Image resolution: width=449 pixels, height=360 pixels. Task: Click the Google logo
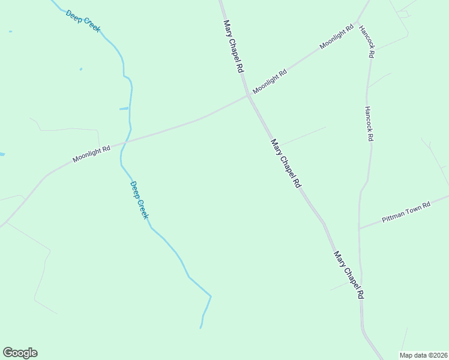(x=20, y=353)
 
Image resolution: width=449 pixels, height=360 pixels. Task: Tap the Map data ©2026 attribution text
(x=423, y=355)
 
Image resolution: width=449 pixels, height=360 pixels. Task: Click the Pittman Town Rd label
(x=406, y=213)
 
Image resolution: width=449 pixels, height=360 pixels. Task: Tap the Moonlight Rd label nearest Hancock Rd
(x=337, y=37)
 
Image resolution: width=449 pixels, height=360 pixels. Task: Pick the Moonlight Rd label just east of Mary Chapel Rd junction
(x=270, y=82)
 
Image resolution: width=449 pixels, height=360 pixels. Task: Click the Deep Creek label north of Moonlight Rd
(x=83, y=21)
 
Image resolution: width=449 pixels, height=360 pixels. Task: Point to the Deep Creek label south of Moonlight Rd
(x=139, y=200)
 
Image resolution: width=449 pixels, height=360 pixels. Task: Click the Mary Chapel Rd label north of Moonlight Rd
(x=233, y=46)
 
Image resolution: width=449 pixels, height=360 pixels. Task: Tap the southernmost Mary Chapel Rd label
(x=349, y=275)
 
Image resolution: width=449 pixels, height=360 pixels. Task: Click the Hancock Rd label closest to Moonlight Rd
(x=367, y=41)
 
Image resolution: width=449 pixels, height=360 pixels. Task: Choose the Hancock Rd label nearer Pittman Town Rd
(x=369, y=124)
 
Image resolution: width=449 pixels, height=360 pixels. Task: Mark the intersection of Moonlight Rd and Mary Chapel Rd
(x=247, y=96)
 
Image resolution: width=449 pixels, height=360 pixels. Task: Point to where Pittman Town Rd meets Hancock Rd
(x=359, y=229)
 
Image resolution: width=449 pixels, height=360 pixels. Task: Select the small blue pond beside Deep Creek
(x=124, y=109)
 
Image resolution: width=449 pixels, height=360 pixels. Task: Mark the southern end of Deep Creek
(x=200, y=328)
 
